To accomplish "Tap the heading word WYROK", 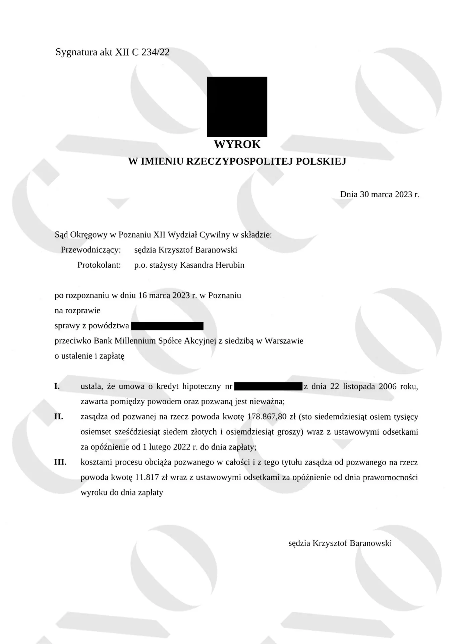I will (x=237, y=144).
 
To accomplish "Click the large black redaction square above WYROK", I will (x=237, y=107).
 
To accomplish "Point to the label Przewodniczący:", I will (x=91, y=250).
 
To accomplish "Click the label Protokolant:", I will (x=99, y=265).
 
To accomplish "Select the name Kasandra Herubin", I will (x=212, y=265).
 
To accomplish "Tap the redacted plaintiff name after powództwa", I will (x=167, y=326).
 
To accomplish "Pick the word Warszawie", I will (x=284, y=341).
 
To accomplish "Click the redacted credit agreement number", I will (x=268, y=386).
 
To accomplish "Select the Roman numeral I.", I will (x=57, y=386).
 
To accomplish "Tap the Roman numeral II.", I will (x=59, y=417).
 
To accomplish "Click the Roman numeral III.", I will (x=60, y=462).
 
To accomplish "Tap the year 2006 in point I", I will (x=388, y=386).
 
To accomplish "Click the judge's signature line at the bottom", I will (x=340, y=543).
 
